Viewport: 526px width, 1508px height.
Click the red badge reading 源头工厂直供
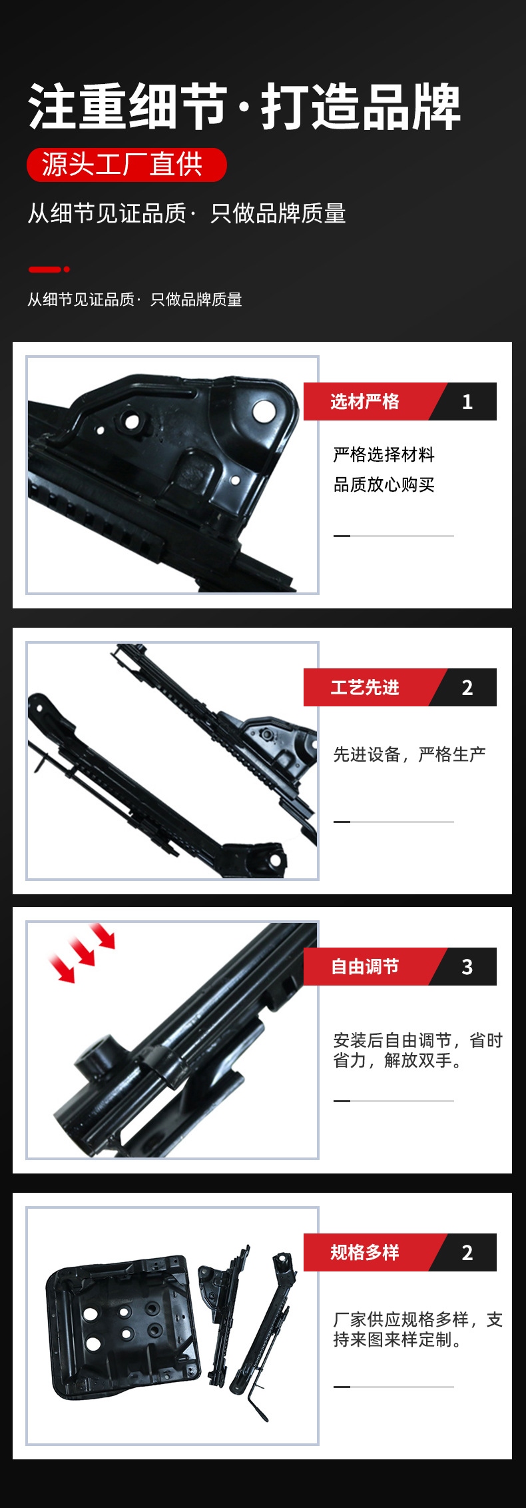coord(127,165)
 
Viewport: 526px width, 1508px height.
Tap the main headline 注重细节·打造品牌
coord(244,107)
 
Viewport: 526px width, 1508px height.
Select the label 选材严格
coord(365,401)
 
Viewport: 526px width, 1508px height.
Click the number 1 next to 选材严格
coord(467,402)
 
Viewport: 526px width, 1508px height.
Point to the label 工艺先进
coord(365,687)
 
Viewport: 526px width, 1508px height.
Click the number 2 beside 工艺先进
coord(467,688)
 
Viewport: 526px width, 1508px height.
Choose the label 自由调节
coord(365,966)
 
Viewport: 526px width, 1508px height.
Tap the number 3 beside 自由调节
coord(467,967)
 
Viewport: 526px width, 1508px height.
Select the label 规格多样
coord(365,1252)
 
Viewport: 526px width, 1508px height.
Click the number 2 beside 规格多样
coord(467,1253)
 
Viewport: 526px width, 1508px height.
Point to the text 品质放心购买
coord(384,484)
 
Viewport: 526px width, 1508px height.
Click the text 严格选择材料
coord(384,454)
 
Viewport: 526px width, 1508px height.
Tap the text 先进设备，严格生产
coord(409,754)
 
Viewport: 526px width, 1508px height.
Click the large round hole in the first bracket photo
coord(264,410)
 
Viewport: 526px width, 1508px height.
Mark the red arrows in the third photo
coord(82,952)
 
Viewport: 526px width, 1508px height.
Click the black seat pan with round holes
coord(123,1326)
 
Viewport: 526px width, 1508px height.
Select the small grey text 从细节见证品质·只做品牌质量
coord(134,300)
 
